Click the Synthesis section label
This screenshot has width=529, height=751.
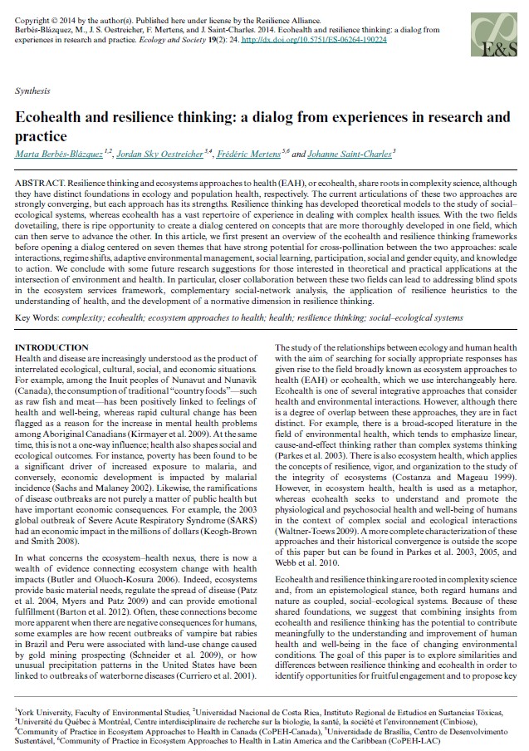point(32,90)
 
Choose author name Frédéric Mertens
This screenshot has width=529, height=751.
point(252,153)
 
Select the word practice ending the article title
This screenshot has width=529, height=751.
point(41,135)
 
